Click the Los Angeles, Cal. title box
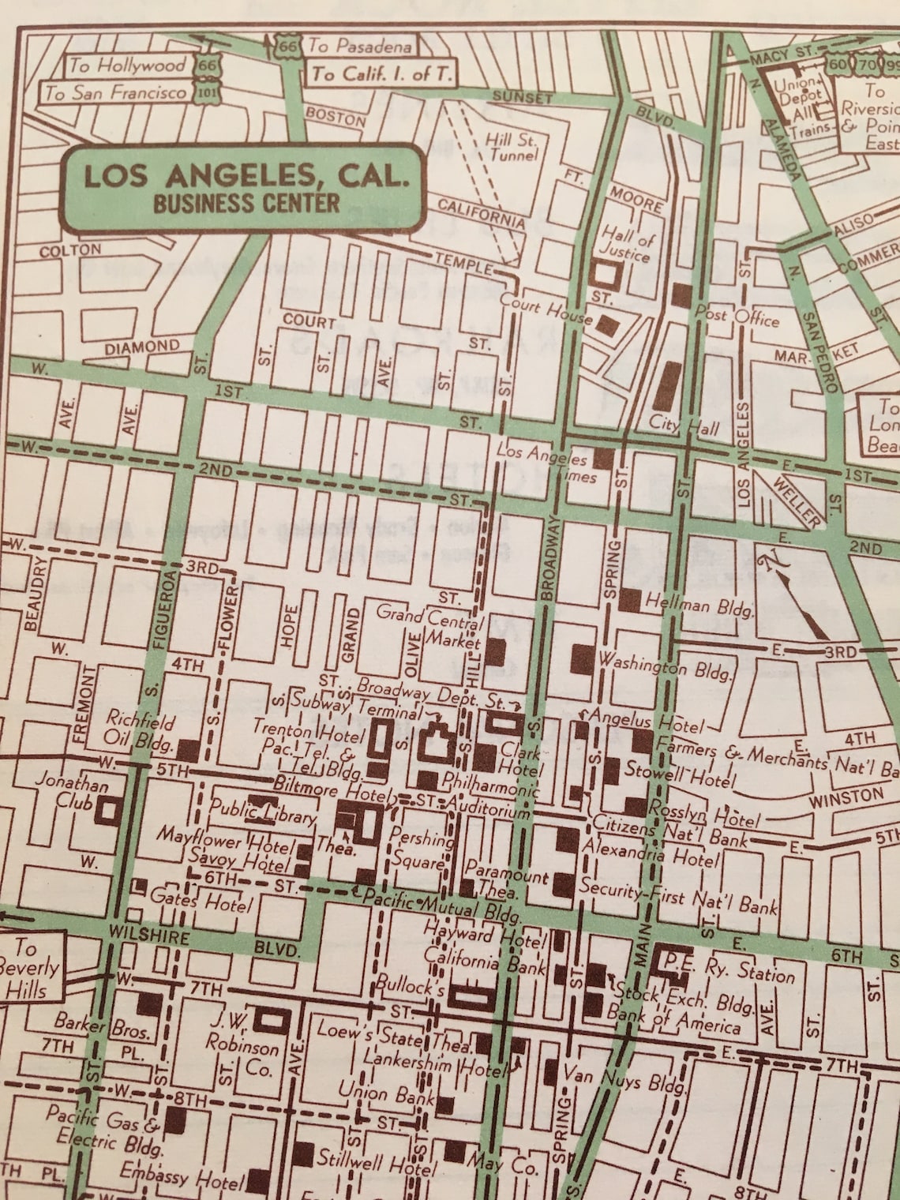tap(245, 188)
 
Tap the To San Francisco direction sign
tap(116, 92)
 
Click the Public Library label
tap(263, 812)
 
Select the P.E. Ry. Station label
tap(729, 968)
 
